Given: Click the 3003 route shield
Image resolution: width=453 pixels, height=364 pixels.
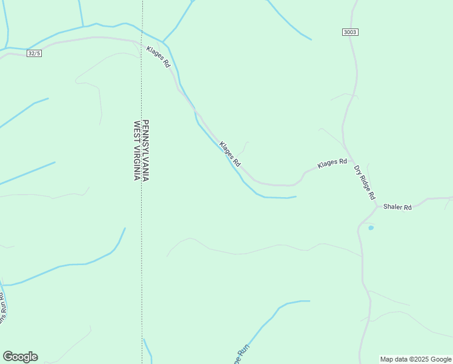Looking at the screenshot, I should click(x=349, y=32).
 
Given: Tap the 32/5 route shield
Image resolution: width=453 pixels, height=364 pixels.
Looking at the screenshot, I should click(x=34, y=53).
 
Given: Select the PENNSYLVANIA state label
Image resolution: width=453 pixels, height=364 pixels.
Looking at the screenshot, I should click(x=146, y=150).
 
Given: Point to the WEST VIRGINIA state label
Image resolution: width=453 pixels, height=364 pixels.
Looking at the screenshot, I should click(x=137, y=150).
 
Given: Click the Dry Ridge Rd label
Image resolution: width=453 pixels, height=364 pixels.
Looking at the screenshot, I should click(x=365, y=182).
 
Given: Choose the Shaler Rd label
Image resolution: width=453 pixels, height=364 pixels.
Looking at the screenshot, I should click(x=397, y=207).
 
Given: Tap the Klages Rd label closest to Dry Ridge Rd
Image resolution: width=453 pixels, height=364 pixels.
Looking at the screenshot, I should click(x=332, y=163).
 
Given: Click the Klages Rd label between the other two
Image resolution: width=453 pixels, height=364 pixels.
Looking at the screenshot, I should click(x=230, y=154).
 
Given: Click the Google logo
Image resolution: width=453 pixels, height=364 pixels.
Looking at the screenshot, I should click(x=20, y=357).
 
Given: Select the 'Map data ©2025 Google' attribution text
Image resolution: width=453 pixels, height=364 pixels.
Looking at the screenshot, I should click(x=416, y=359).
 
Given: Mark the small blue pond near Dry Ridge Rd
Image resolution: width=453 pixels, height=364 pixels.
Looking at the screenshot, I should click(x=371, y=228).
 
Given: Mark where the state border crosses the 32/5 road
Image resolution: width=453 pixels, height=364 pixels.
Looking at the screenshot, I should click(x=142, y=42).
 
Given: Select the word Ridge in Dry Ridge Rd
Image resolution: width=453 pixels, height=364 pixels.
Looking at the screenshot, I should click(x=365, y=183).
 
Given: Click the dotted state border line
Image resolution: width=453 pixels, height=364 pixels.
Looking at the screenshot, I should click(x=142, y=255).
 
